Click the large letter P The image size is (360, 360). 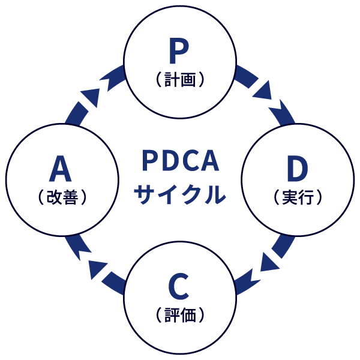click(x=179, y=52)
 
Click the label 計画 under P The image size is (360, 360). click(x=179, y=79)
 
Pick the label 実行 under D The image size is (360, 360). click(x=298, y=197)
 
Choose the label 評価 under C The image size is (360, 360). click(x=179, y=314)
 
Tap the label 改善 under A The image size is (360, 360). click(x=62, y=197)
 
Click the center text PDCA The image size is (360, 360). click(x=181, y=161)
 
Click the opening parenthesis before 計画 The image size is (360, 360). click(x=157, y=79)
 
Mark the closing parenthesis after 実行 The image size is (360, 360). click(x=320, y=197)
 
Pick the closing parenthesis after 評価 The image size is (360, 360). click(x=202, y=314)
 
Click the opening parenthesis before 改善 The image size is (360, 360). click(x=40, y=197)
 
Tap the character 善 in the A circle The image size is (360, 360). click(x=70, y=197)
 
